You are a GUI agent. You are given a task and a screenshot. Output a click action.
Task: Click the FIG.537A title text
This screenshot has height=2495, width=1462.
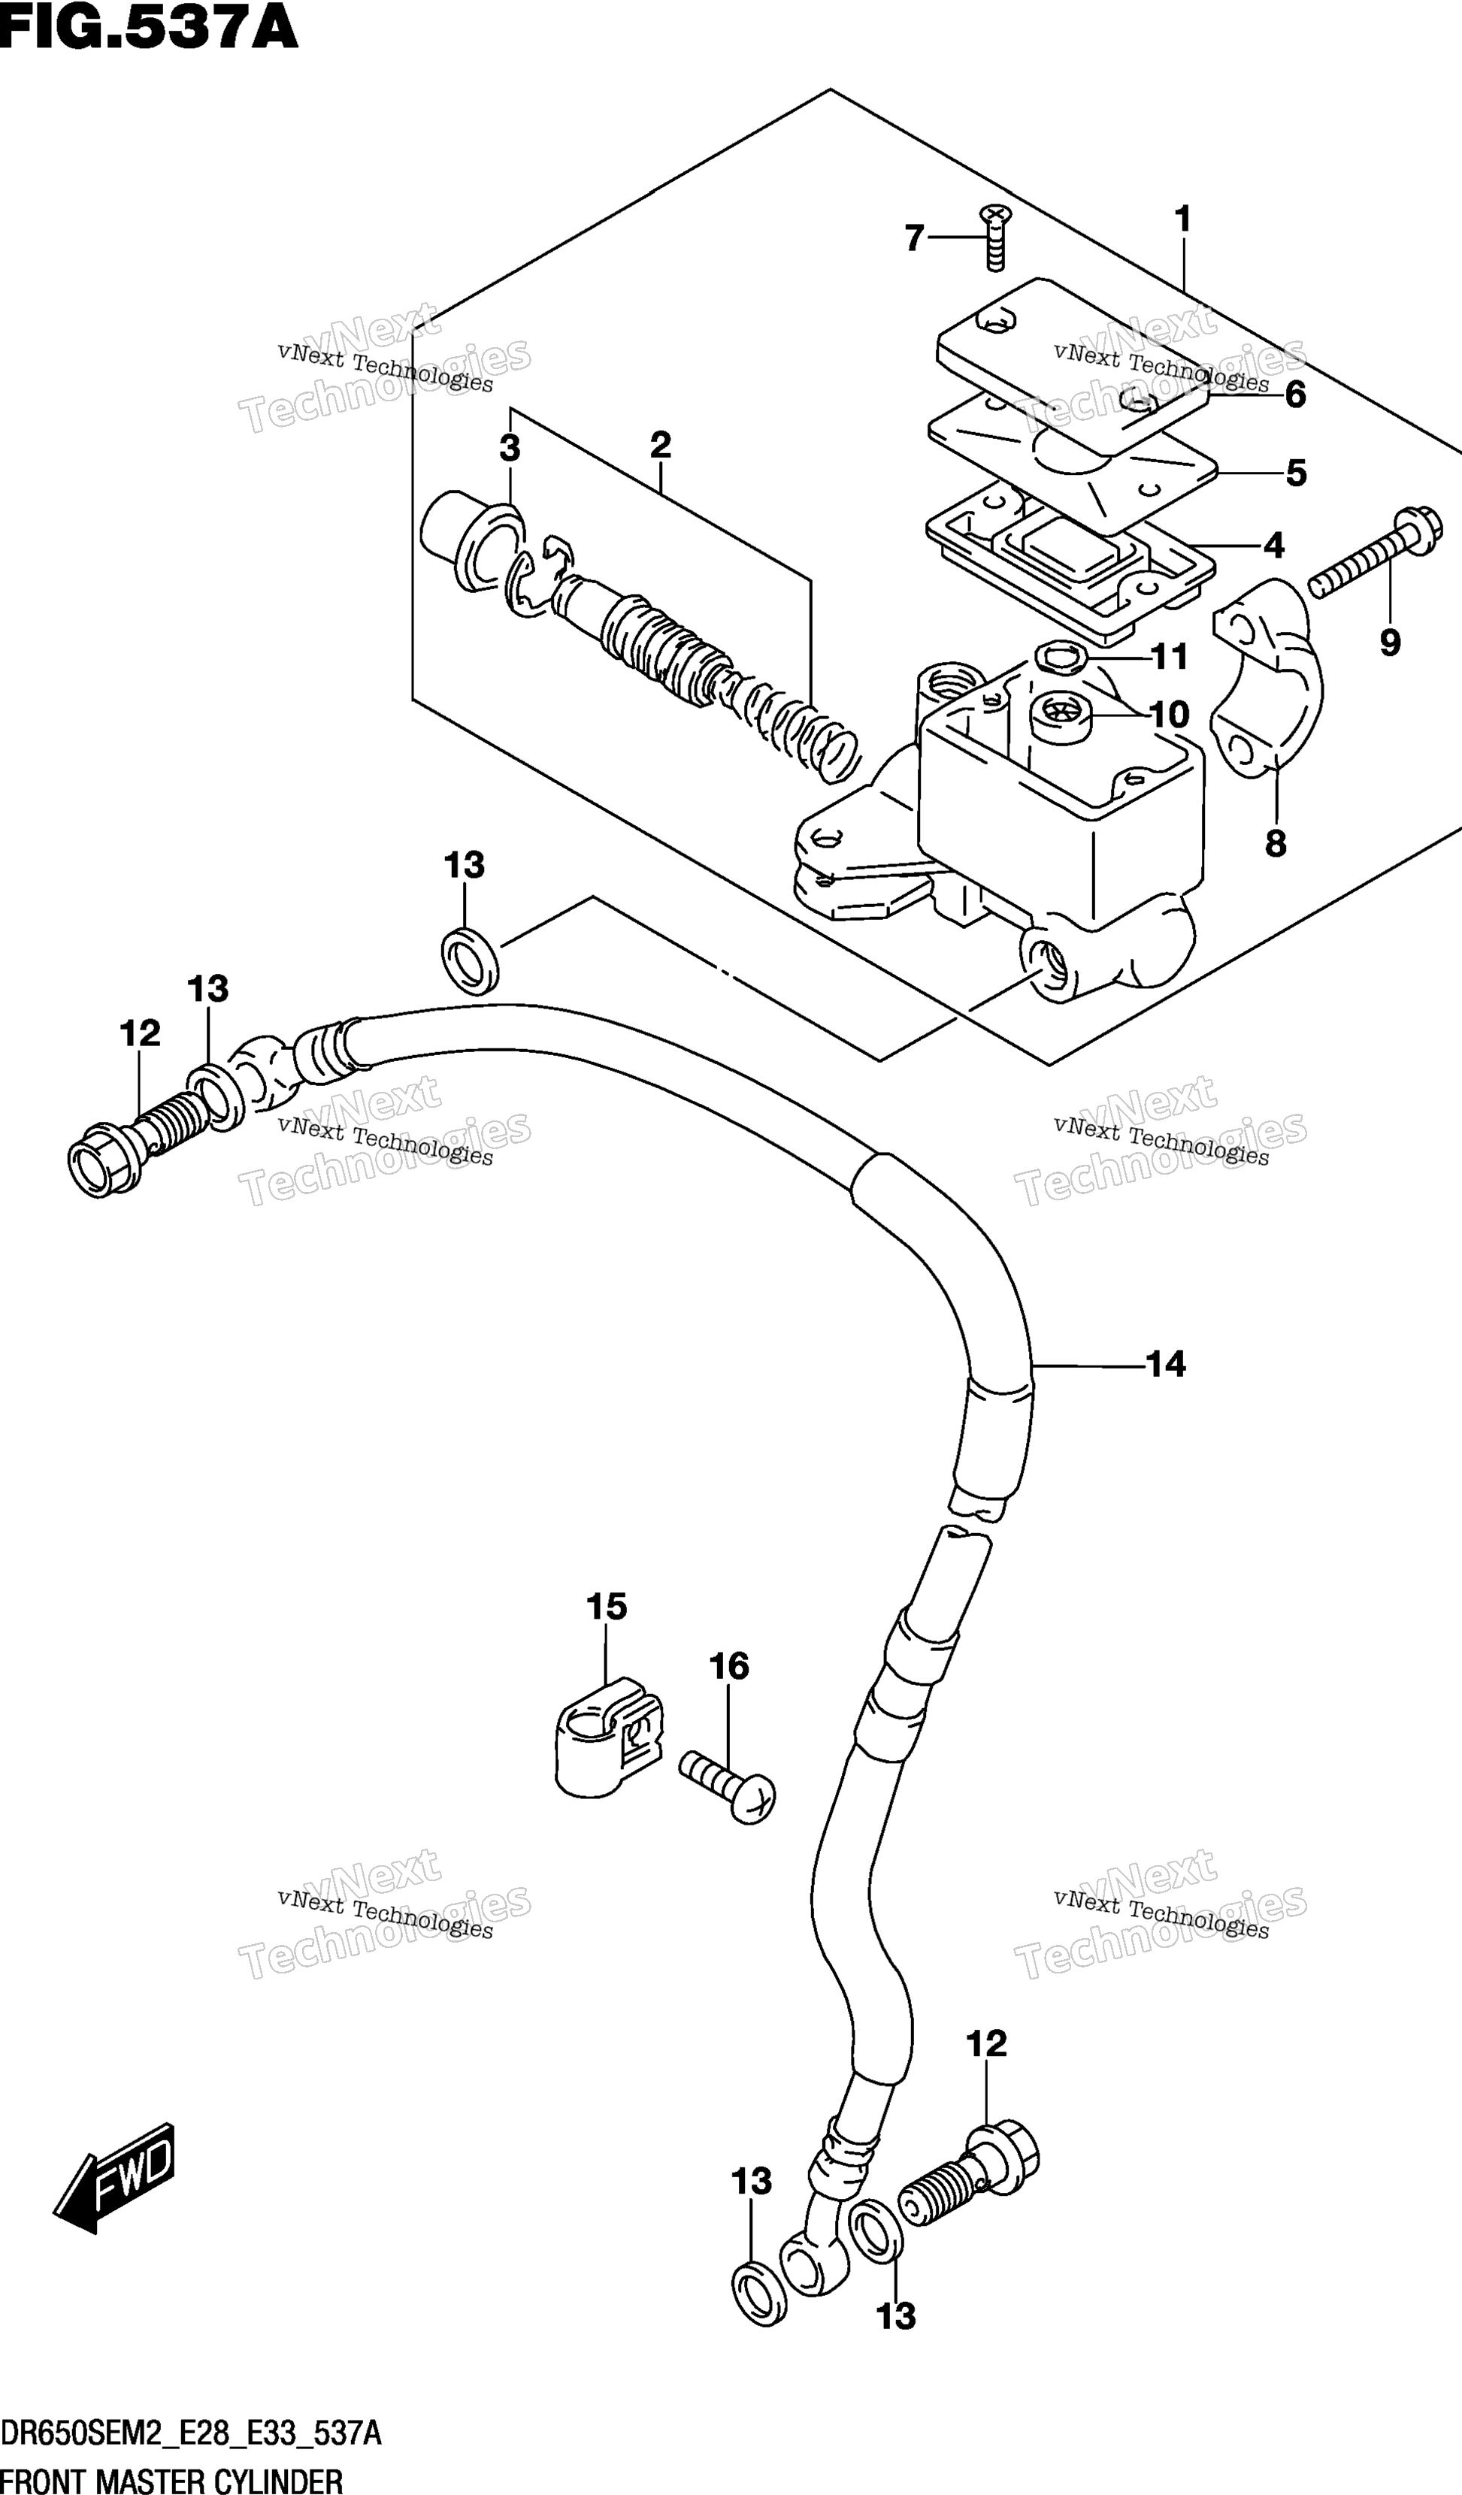(x=149, y=28)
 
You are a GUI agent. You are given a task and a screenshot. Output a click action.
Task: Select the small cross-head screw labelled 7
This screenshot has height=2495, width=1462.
(x=994, y=237)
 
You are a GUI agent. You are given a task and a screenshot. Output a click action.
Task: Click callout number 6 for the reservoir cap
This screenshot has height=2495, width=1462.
(x=1296, y=395)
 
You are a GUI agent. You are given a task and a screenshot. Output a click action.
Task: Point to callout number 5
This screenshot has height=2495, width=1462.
(x=1296, y=473)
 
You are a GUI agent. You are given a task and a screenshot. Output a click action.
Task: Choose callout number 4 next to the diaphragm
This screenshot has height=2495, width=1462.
(x=1274, y=546)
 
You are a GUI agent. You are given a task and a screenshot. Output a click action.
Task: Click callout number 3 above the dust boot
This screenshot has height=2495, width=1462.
(x=509, y=449)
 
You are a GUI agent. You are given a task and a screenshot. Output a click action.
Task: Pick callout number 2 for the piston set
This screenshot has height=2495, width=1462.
(x=661, y=445)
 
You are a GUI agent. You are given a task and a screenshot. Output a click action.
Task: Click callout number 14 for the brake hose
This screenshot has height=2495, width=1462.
(x=1166, y=1364)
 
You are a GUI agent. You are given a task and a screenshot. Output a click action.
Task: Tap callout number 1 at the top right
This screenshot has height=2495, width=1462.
(x=1182, y=219)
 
